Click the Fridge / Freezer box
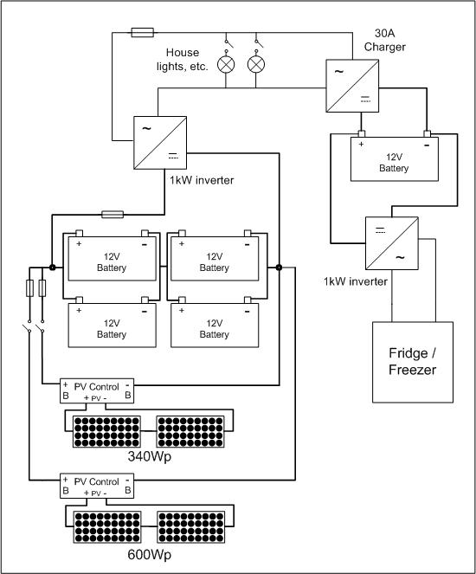coord(413,362)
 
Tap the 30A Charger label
coord(385,40)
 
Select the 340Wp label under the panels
coord(149,457)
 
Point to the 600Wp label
coord(149,555)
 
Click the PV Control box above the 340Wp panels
coord(97,391)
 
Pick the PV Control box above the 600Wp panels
coord(97,486)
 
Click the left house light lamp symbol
coord(226,65)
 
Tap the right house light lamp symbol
coord(256,65)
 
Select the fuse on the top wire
coord(142,33)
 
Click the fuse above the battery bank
coord(113,214)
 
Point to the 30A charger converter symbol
coord(352,86)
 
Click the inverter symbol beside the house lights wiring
coord(160,143)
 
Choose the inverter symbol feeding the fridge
coord(392,243)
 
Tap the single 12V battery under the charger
coord(395,159)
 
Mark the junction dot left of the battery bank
coord(52,268)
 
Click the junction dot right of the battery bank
coord(280,268)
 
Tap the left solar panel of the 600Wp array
coord(107,527)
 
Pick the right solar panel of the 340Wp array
coord(190,432)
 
